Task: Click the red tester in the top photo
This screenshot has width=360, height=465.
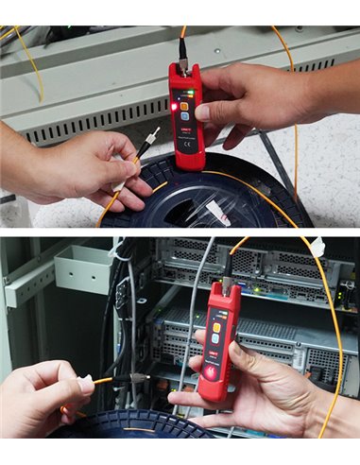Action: point(184,113)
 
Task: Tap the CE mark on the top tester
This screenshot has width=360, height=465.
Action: point(186,147)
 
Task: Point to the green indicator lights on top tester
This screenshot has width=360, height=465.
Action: point(185,93)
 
